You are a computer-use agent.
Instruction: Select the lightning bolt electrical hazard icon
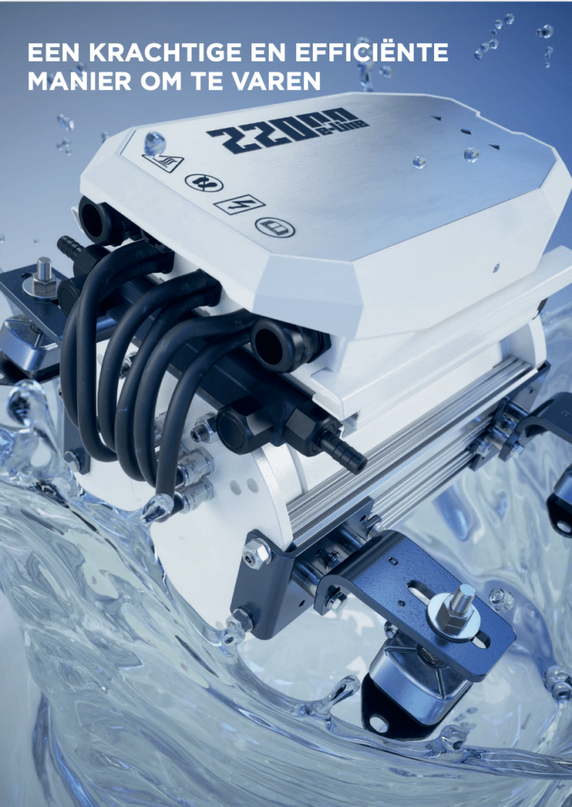240,205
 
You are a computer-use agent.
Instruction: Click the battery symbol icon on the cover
275,227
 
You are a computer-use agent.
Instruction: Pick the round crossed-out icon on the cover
204,182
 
